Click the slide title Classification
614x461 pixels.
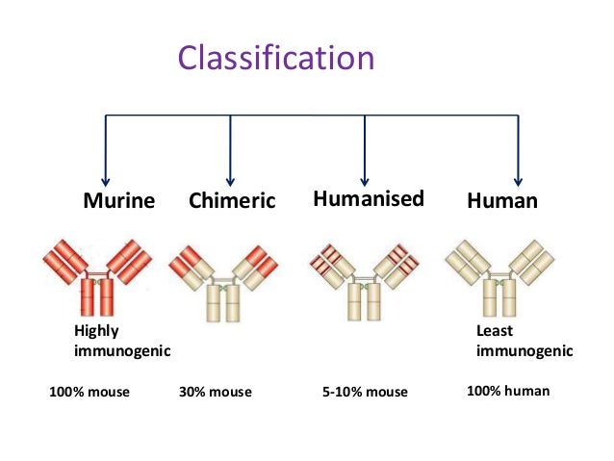click(x=275, y=58)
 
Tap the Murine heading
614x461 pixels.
click(x=118, y=201)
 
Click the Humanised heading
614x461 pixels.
click(x=368, y=199)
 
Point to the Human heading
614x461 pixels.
click(x=501, y=201)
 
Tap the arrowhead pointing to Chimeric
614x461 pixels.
click(x=230, y=178)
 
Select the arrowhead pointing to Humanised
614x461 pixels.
click(x=365, y=178)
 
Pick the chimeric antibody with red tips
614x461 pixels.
click(x=222, y=279)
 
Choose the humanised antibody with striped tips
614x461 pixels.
click(x=364, y=279)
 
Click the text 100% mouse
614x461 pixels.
click(x=89, y=392)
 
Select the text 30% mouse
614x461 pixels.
click(x=216, y=392)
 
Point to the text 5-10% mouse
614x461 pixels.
click(x=364, y=392)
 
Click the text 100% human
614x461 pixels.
click(x=508, y=391)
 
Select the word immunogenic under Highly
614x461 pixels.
click(x=122, y=351)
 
